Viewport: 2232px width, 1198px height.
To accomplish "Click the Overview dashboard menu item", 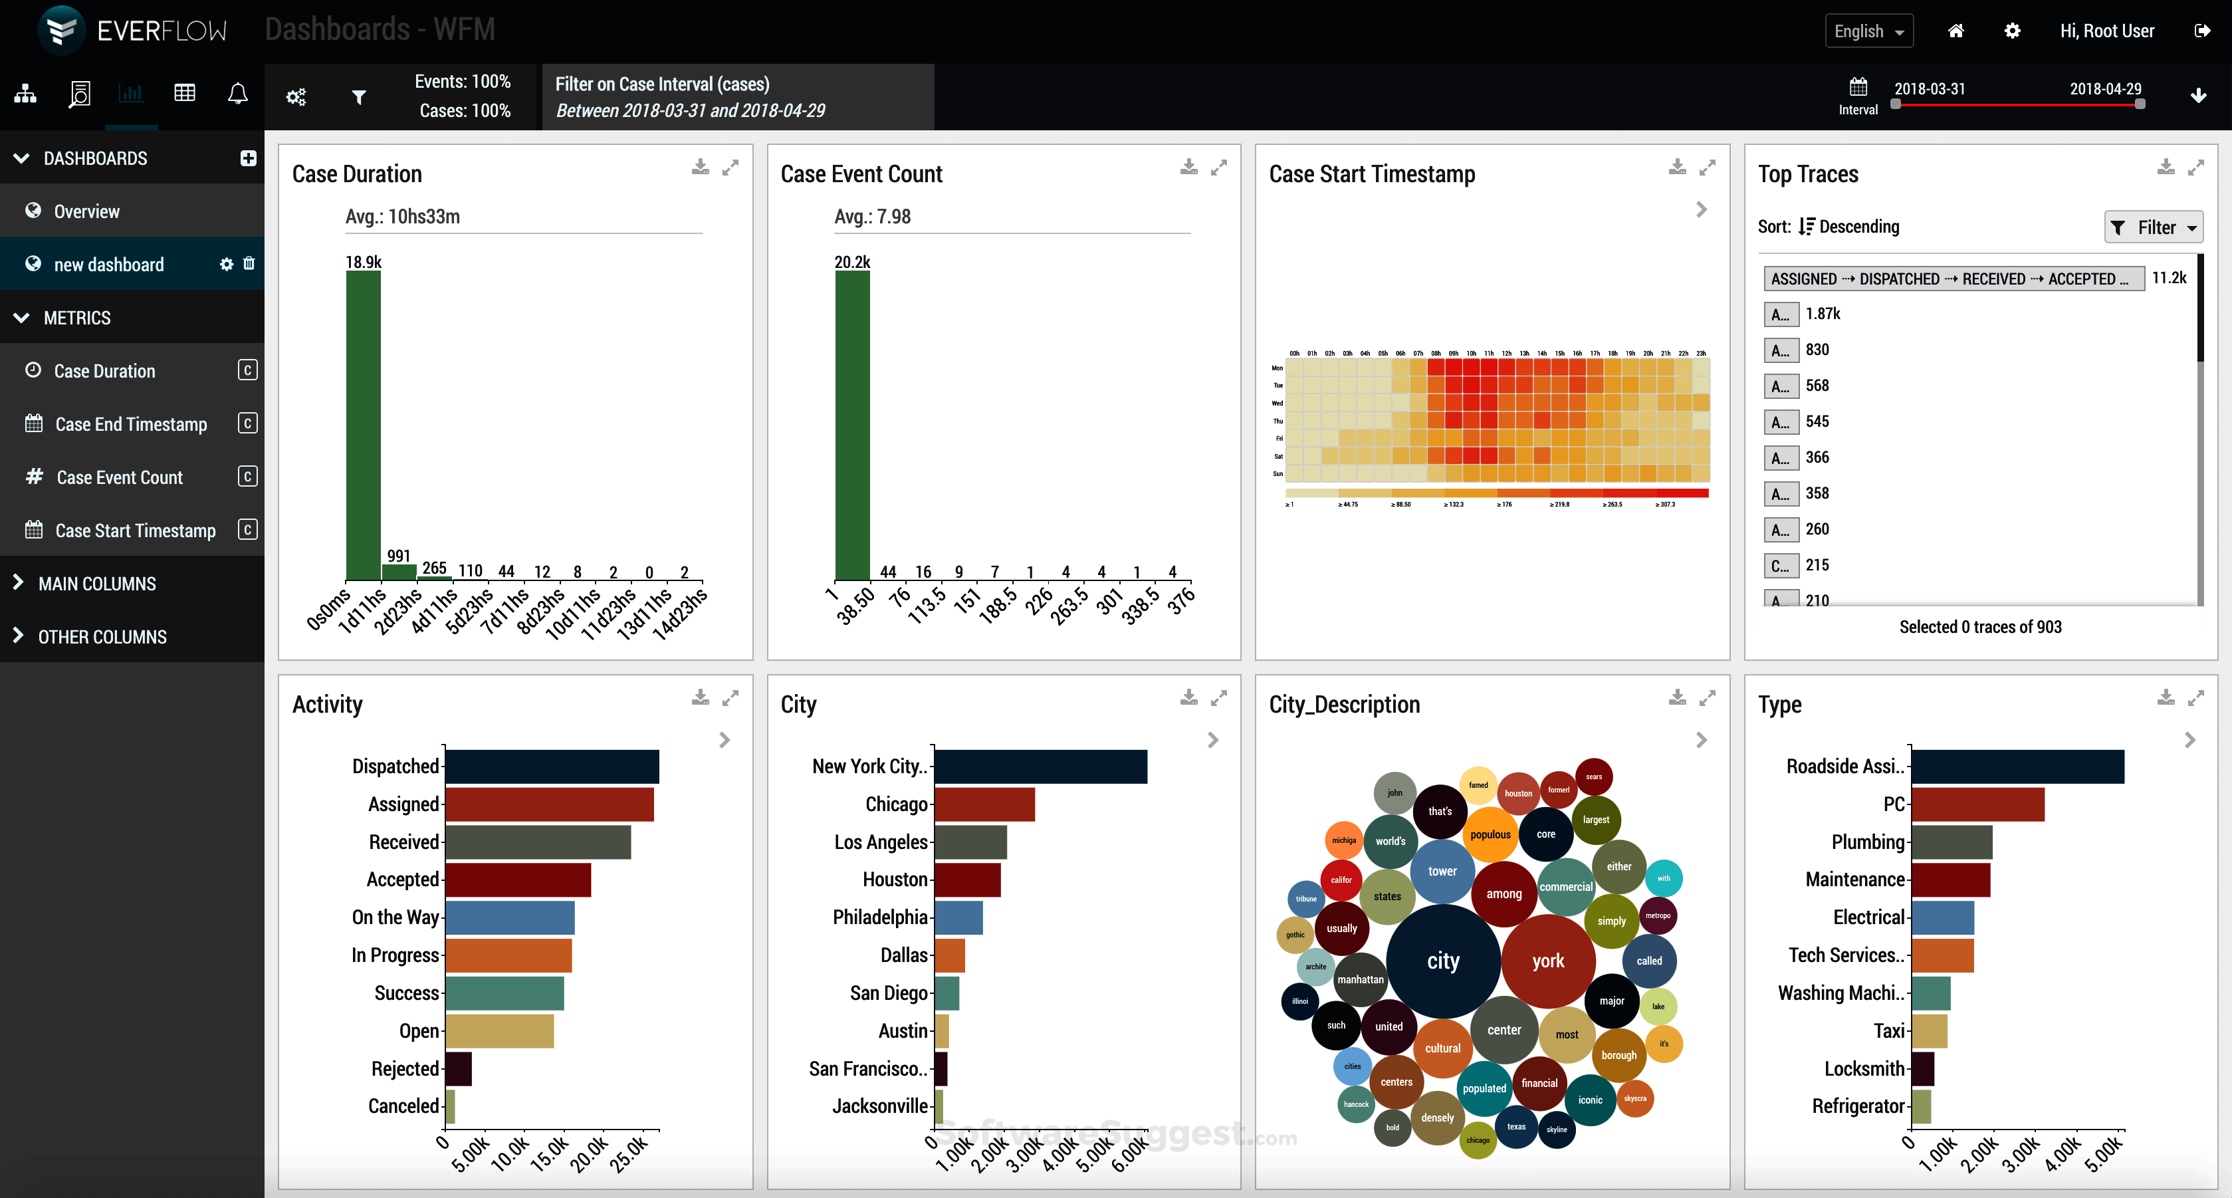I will [x=86, y=211].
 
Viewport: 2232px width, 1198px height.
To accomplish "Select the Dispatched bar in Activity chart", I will [x=552, y=767].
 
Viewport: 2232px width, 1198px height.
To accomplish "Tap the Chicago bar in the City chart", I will [x=984, y=804].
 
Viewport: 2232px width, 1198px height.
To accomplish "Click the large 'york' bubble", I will [x=1547, y=961].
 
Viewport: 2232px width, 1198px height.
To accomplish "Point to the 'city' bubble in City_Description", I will [x=1442, y=961].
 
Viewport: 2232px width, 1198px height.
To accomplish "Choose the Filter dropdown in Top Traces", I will [x=2153, y=227].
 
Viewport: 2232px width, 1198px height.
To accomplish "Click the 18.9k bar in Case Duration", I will [x=363, y=425].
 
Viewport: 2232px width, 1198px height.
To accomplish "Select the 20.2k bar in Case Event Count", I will [x=851, y=425].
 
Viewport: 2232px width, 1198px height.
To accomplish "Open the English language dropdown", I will [x=1868, y=31].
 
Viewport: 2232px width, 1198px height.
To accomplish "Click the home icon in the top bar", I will [x=1955, y=31].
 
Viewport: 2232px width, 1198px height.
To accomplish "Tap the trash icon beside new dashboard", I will [x=249, y=263].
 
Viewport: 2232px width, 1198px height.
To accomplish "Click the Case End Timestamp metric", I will [x=131, y=424].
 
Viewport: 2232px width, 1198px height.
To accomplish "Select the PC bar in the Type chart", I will [x=1977, y=804].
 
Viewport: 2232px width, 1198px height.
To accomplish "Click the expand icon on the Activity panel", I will [x=730, y=697].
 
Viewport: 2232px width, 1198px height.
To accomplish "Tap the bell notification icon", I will [x=237, y=94].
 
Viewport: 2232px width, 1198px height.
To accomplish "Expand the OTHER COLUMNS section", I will [x=102, y=636].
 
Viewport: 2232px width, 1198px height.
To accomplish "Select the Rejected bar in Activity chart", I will [x=459, y=1069].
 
